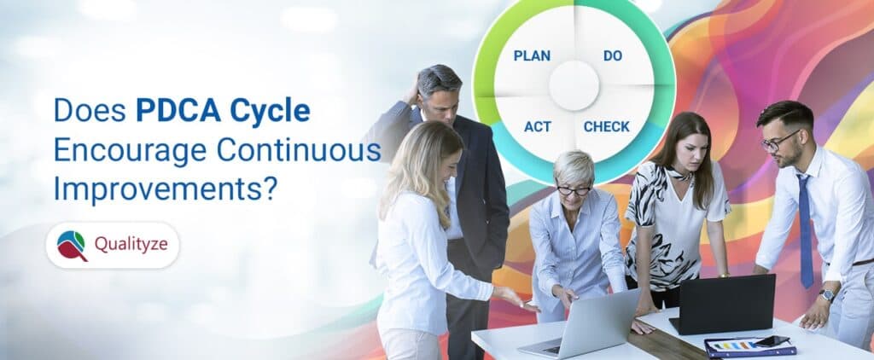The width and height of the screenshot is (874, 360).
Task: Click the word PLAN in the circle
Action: (532, 56)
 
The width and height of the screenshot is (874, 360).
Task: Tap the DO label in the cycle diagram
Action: (612, 56)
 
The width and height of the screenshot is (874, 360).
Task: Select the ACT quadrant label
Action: (537, 127)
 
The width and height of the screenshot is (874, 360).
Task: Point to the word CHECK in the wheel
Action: (606, 127)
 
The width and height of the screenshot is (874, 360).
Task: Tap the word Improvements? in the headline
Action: (165, 189)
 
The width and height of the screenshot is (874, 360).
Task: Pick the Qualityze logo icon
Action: (72, 246)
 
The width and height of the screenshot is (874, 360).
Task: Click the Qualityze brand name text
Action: (131, 246)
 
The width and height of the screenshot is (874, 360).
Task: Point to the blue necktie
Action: (805, 230)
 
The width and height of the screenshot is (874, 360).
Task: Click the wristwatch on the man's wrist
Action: (826, 295)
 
